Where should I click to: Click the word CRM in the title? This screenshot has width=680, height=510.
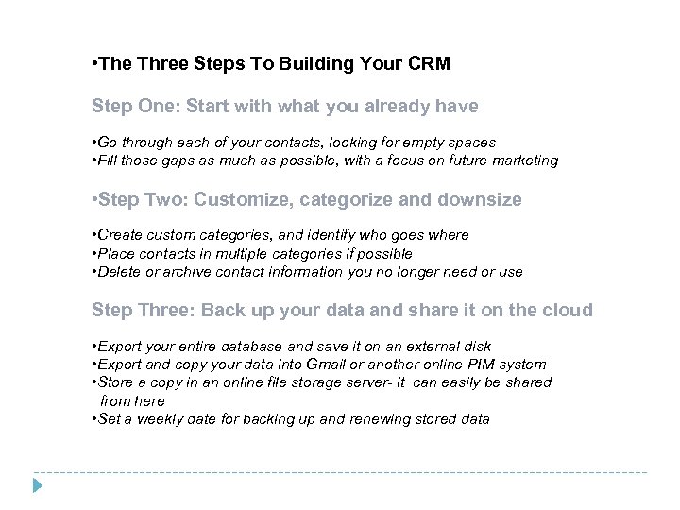pos(430,65)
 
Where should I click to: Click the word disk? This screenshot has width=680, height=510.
pos(476,346)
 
